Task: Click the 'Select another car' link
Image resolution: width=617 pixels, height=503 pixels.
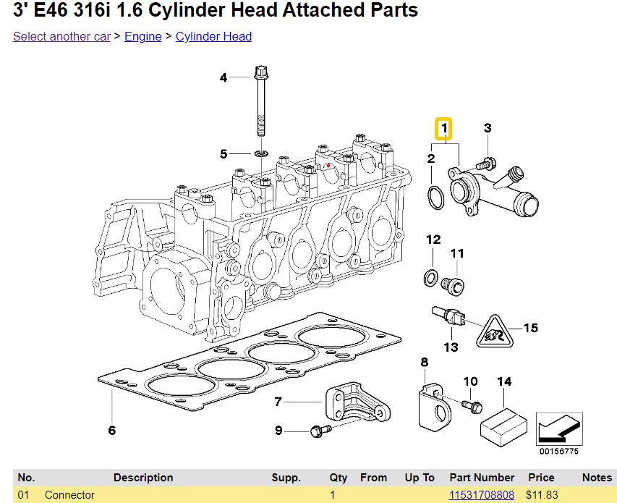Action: [61, 36]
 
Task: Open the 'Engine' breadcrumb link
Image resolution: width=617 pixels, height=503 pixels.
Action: [142, 36]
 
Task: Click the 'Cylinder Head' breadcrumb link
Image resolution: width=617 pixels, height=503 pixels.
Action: [213, 36]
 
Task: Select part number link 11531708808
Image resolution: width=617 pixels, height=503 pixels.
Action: [481, 495]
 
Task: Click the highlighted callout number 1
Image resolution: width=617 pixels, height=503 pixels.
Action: [443, 130]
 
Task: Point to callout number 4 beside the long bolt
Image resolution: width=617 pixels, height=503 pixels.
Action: [224, 77]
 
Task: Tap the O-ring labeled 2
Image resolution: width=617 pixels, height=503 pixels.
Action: [434, 197]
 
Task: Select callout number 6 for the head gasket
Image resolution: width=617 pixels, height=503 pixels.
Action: [112, 431]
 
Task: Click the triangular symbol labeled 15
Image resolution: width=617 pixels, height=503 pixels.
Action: [495, 332]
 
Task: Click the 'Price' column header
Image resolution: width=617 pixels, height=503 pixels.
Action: [540, 478]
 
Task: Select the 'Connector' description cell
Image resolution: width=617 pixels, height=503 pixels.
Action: [69, 495]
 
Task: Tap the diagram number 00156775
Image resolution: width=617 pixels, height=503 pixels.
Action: [558, 452]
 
